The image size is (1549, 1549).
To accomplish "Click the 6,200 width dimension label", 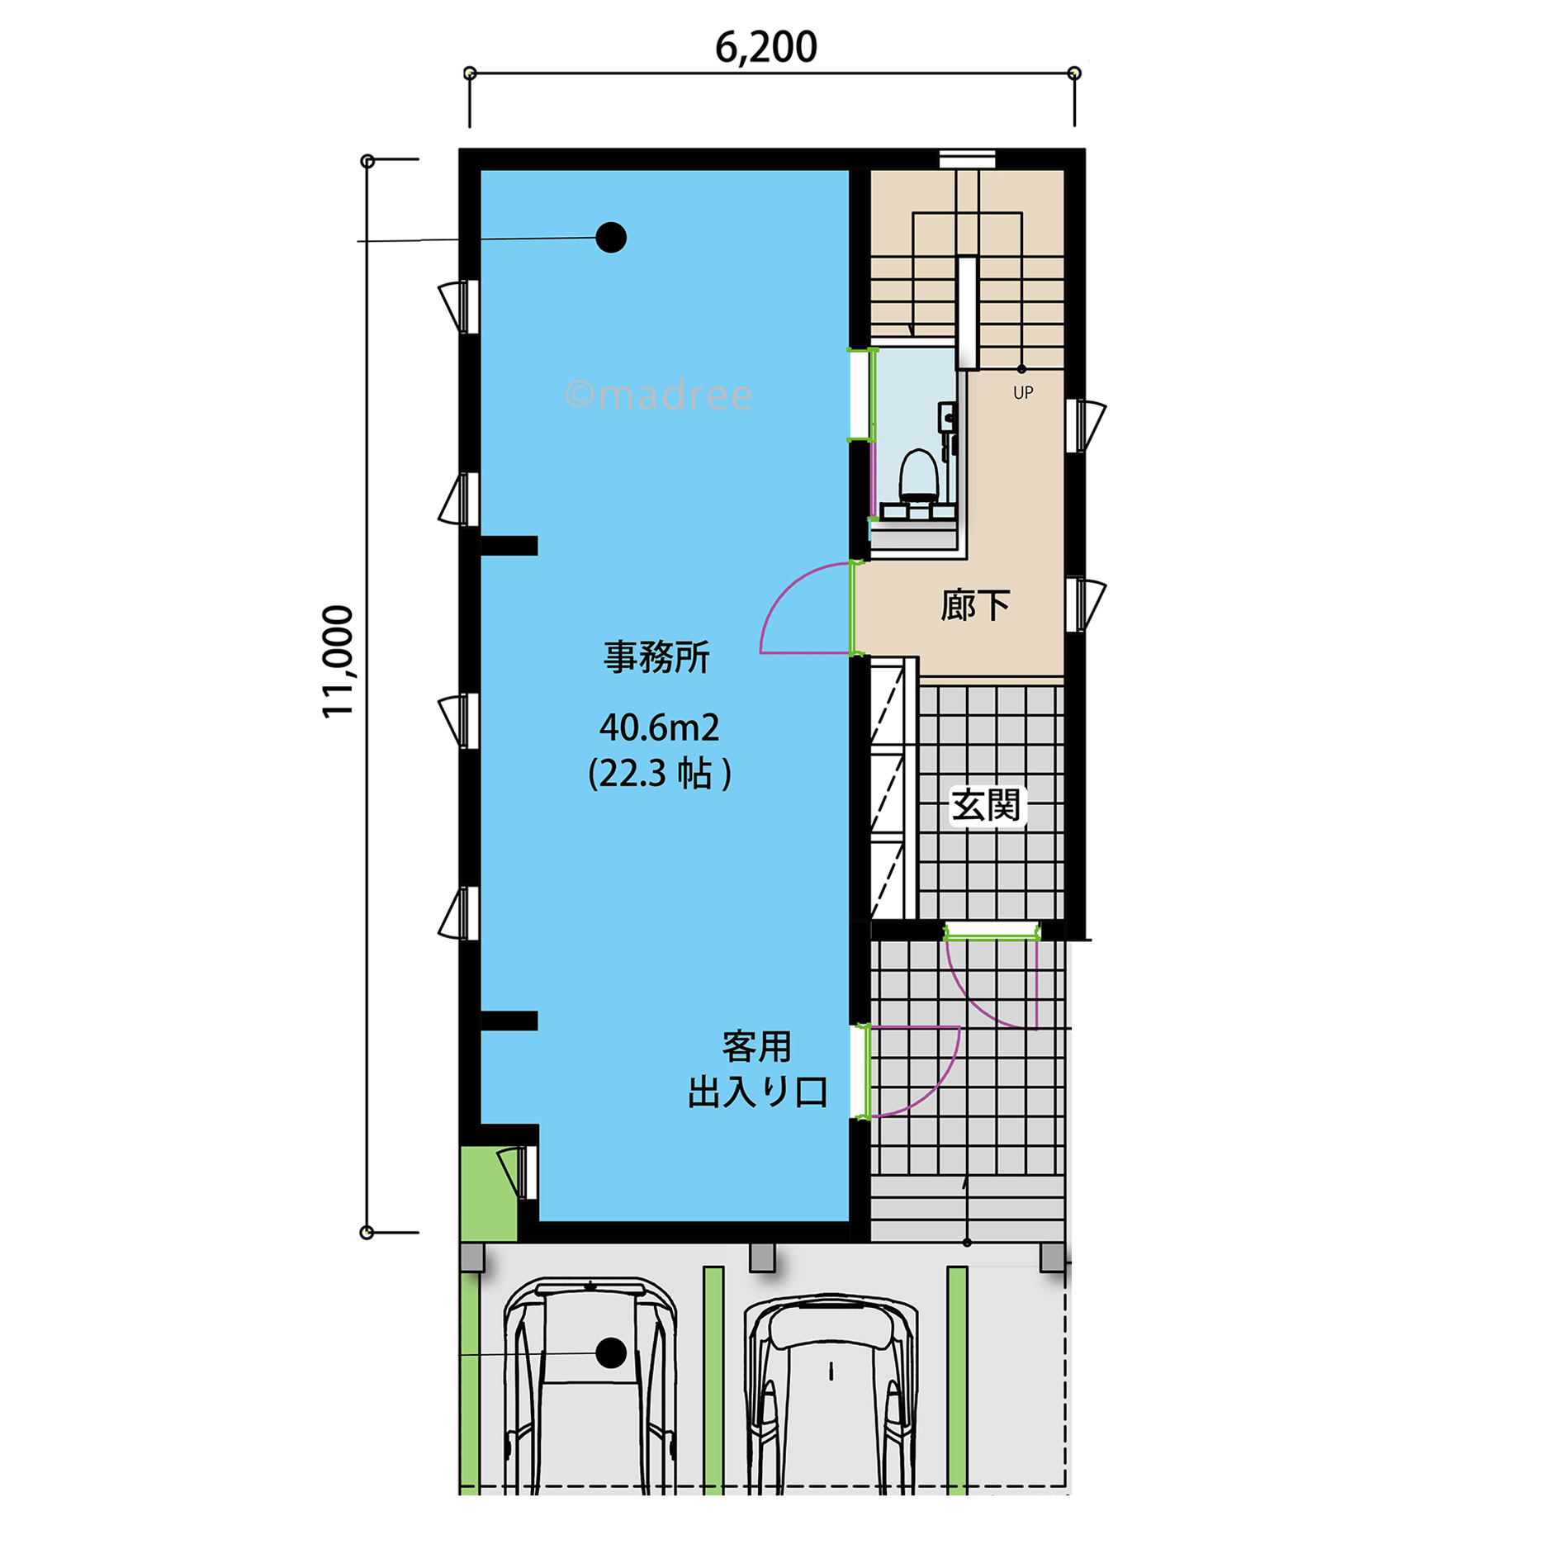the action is coord(765,47).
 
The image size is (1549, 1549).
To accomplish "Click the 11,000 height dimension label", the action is coord(338,661).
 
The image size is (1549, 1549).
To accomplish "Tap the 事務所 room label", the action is coord(656,657).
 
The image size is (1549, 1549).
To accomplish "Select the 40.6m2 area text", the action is coord(659,727).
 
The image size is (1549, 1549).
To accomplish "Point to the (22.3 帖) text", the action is coord(659,774).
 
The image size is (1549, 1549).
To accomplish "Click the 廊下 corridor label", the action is coord(975,606).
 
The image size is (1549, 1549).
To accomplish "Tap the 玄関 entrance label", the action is coord(986,805).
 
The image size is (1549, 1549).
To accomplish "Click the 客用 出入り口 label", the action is coord(758,1069).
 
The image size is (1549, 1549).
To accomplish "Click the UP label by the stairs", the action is coord(1023,393).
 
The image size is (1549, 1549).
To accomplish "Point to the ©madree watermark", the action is coord(658,395).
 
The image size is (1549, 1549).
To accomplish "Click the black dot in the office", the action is coord(611,238).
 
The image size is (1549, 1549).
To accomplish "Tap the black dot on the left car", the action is coord(611,1353).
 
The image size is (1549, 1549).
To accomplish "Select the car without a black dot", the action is coord(831,1395).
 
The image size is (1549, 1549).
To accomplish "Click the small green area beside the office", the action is coord(488,1194).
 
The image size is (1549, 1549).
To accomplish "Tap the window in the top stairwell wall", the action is coord(968,159).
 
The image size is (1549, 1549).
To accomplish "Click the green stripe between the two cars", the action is coord(713,1380).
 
